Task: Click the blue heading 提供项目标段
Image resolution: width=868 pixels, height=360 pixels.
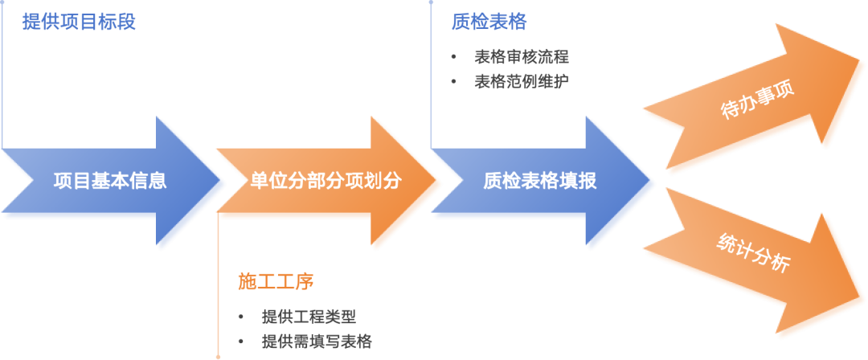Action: (79, 22)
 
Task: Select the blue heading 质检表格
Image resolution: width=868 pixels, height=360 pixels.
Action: (489, 22)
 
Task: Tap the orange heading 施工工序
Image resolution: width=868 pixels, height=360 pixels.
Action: (275, 281)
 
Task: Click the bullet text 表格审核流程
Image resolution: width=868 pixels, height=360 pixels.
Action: (522, 58)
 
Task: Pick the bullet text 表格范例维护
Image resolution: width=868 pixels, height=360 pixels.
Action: (522, 81)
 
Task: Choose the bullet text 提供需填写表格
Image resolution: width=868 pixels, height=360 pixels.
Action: (317, 341)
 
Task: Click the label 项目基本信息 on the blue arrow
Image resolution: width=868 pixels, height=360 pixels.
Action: (110, 181)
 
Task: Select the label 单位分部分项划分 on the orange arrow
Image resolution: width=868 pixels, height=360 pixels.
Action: (325, 181)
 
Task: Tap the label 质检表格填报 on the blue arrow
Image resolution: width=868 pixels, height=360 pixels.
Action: (540, 181)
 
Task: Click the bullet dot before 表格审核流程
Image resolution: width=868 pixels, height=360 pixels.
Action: (454, 58)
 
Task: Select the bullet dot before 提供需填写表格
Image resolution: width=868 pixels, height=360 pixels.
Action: (241, 341)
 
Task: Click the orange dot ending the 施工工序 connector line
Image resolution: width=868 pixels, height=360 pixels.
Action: (218, 356)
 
